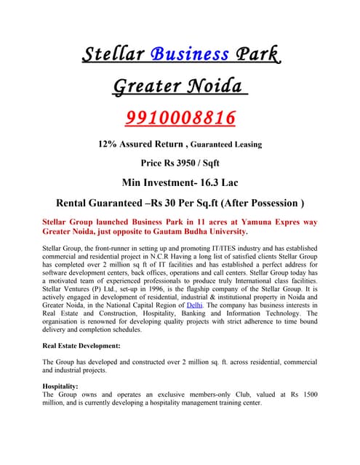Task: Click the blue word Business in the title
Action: point(190,54)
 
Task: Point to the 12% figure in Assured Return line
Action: point(109,144)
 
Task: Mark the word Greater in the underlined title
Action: point(146,86)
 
